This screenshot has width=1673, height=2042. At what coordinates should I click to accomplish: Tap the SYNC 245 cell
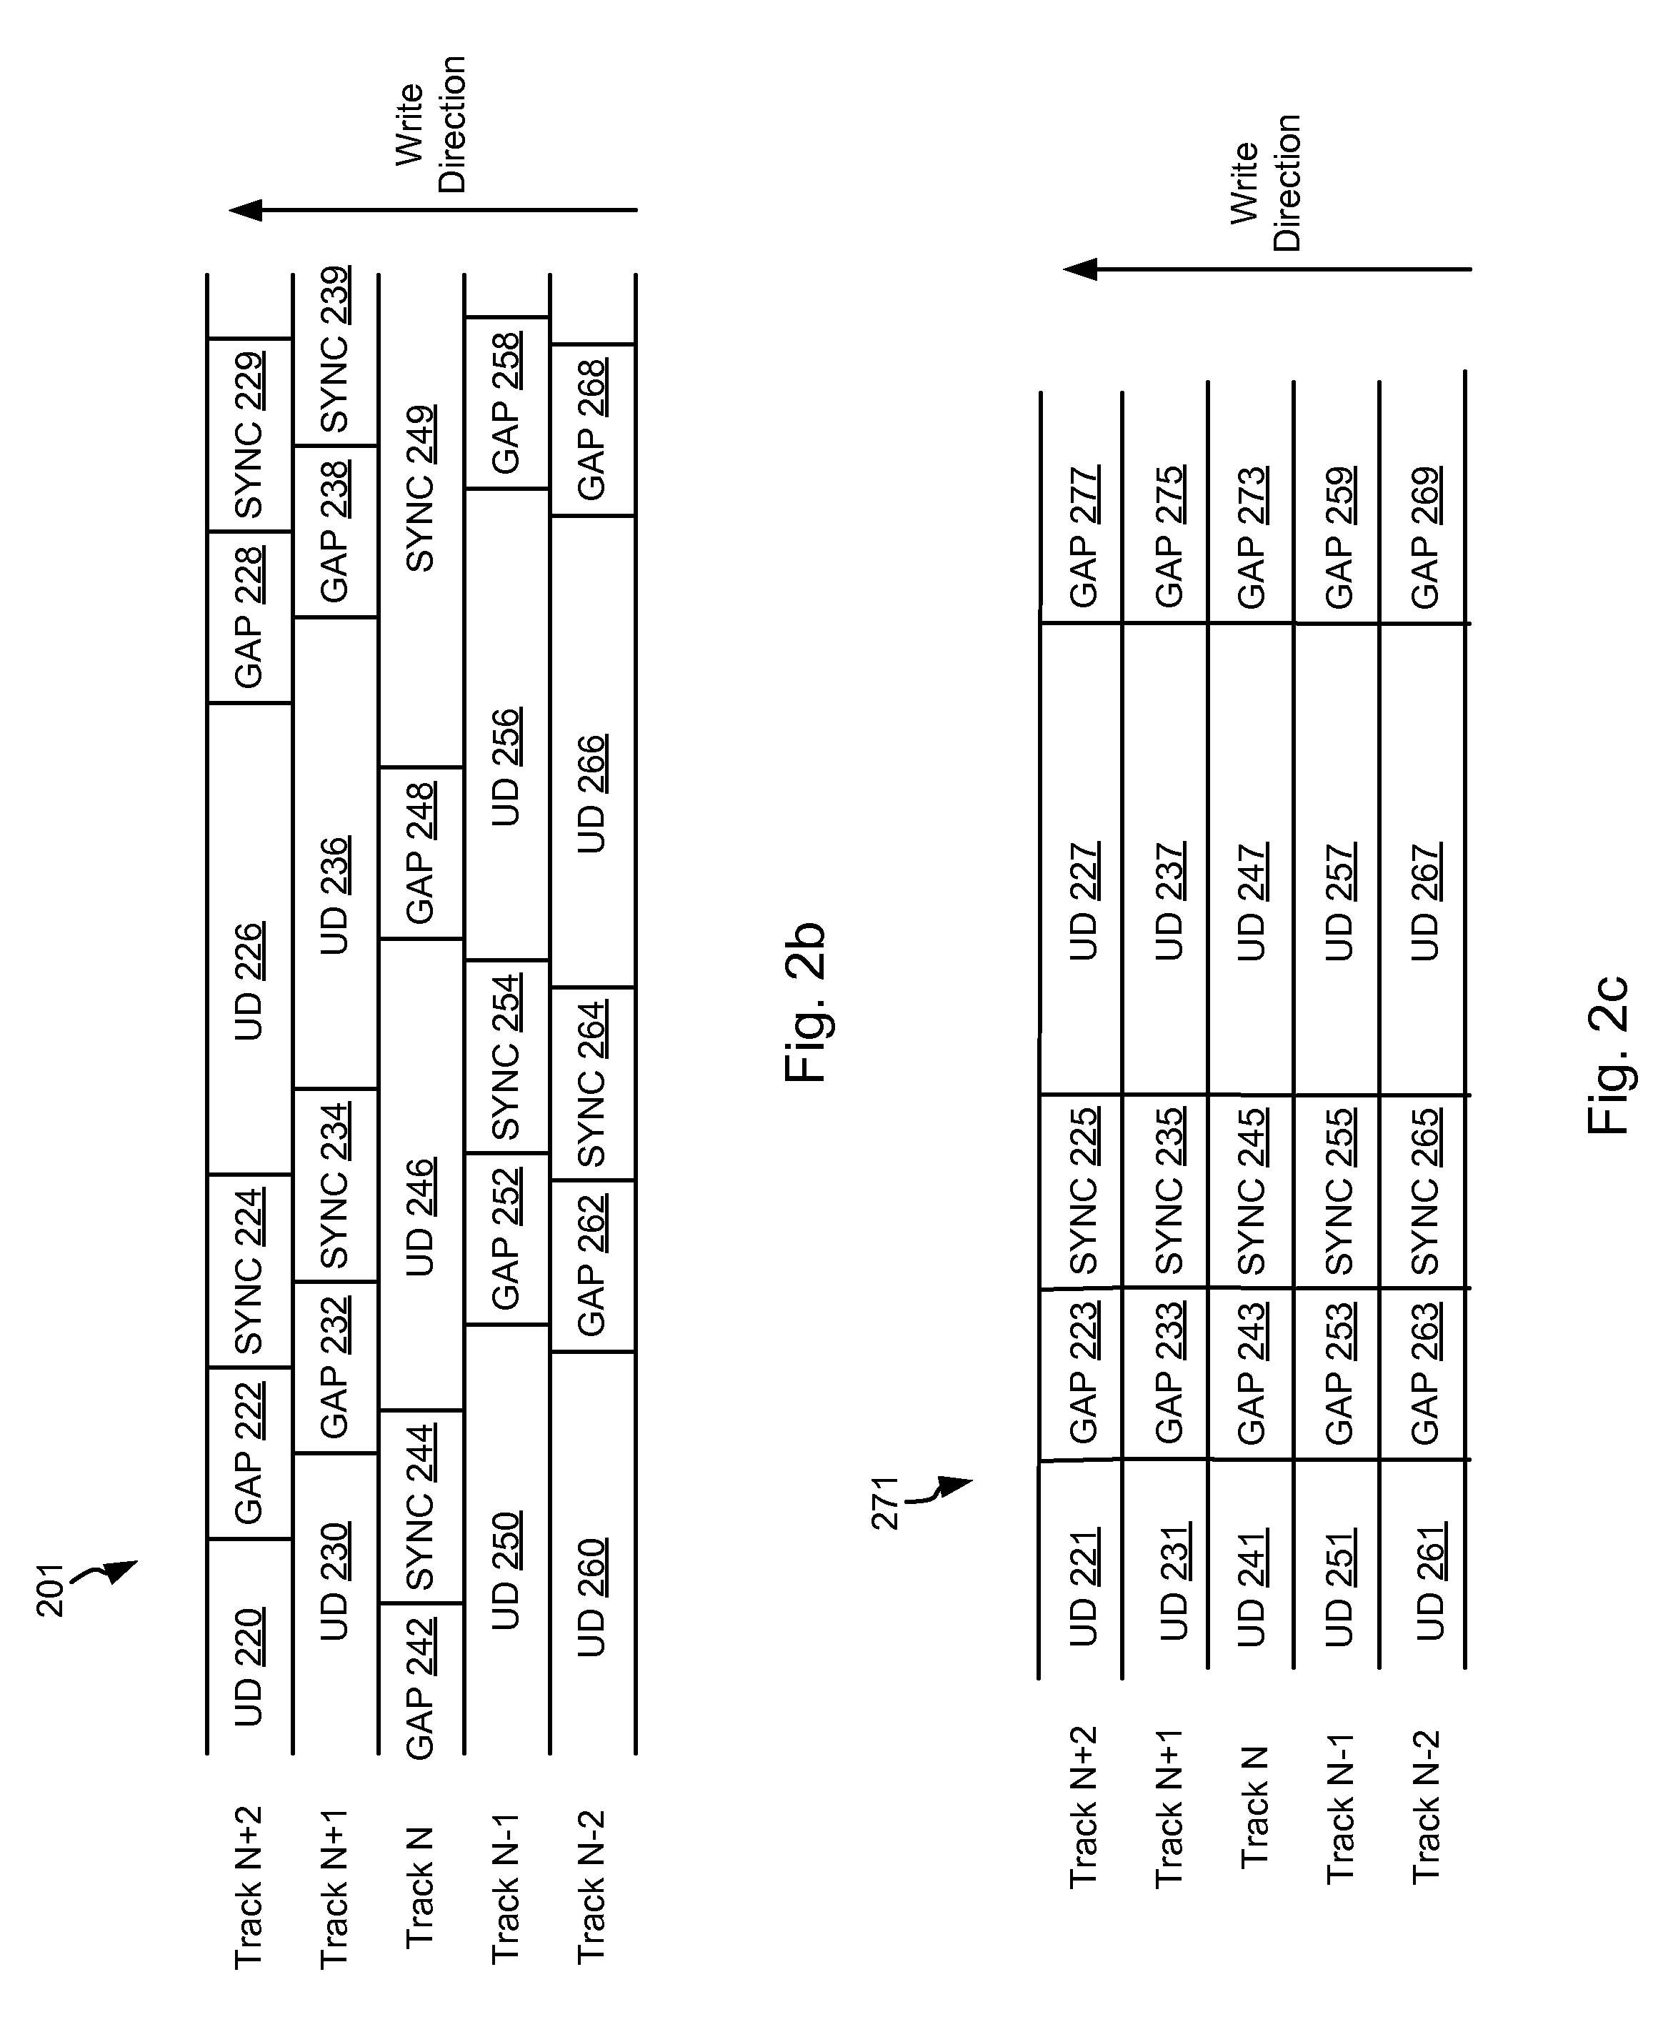click(1252, 1192)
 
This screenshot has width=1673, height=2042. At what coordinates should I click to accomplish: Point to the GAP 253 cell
click(1339, 1374)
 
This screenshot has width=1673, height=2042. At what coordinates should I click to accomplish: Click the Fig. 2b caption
click(806, 1003)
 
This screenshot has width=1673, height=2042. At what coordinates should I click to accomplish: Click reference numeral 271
click(884, 1504)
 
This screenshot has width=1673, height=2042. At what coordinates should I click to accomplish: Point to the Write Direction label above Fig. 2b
click(431, 125)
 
